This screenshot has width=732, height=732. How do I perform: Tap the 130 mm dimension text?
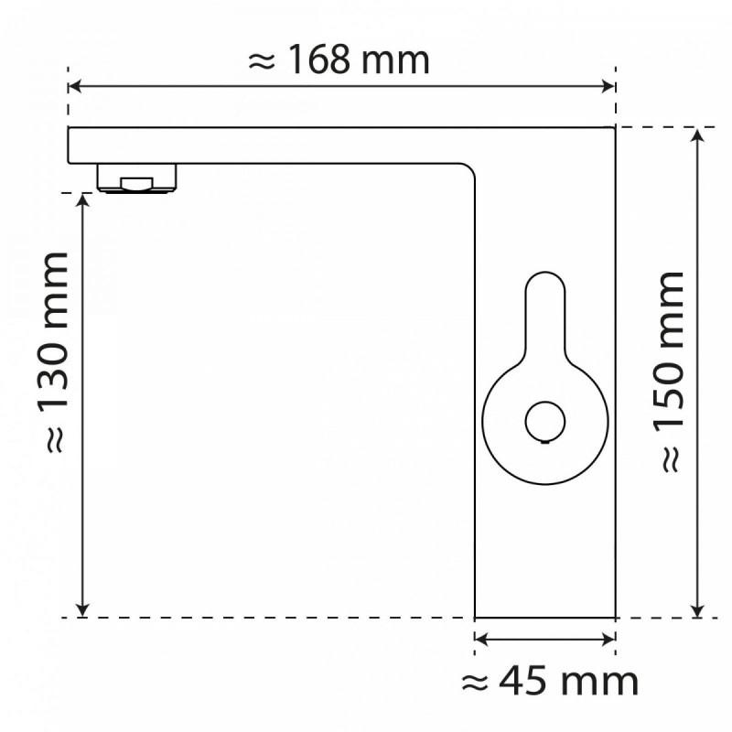coord(55,351)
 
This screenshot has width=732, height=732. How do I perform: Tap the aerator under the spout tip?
coord(138,178)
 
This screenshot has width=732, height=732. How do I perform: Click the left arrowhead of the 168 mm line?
coord(75,87)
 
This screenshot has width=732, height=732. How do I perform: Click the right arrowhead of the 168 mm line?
coord(608,87)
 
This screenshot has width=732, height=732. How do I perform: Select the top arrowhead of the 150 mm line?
coord(698,134)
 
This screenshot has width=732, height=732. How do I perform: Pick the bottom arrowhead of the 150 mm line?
coord(698,611)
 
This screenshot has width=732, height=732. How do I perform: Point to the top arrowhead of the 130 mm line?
coord(83,199)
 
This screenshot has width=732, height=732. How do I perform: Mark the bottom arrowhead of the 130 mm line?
coord(83,611)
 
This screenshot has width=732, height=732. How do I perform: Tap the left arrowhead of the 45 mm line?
coord(481,641)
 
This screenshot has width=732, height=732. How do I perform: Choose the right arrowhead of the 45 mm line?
coord(608,641)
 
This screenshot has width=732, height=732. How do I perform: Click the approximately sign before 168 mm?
coord(262,61)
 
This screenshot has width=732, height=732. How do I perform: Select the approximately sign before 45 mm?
coord(472,682)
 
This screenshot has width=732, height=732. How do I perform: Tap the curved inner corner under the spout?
coord(467,172)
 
